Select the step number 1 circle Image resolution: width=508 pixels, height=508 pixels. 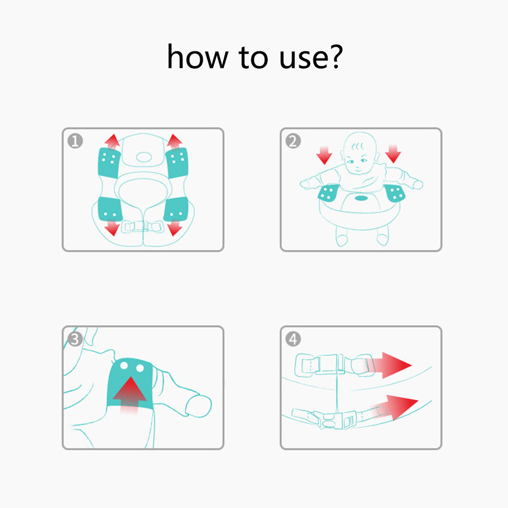75,141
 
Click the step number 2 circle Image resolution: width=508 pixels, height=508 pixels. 293,141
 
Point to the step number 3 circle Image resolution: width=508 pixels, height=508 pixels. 75,339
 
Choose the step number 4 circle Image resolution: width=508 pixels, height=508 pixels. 293,339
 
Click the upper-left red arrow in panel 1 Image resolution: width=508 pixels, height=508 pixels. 112,141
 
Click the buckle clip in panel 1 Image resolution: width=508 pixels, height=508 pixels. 143,226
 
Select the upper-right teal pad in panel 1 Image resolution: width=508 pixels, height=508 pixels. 177,163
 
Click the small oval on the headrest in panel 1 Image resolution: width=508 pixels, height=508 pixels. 144,157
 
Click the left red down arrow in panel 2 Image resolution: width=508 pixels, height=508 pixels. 324,155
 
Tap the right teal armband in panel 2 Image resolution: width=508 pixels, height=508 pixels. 394,193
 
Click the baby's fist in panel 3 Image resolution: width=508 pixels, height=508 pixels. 198,405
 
